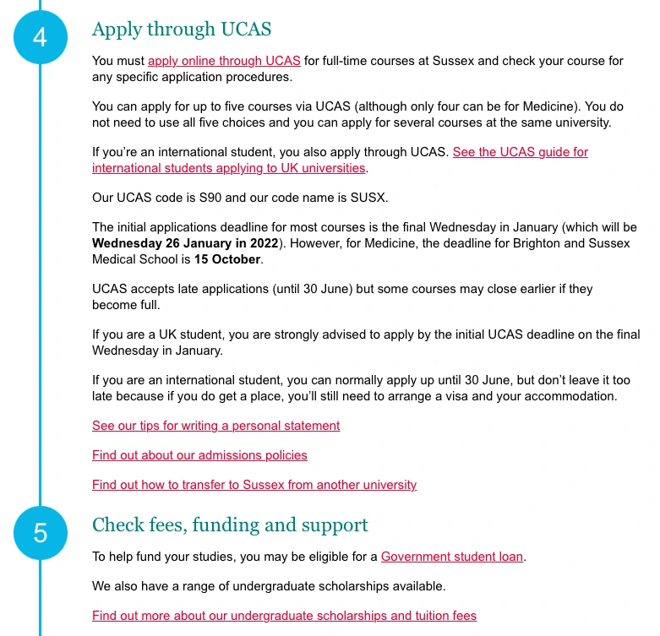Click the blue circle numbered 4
(40, 37)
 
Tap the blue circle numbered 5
(40, 533)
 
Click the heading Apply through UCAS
(182, 29)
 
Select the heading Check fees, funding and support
(230, 525)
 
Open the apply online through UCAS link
(224, 61)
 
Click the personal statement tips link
(215, 426)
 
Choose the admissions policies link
(199, 455)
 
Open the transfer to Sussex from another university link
(254, 485)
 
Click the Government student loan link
(452, 557)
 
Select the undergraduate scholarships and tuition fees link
(284, 616)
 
